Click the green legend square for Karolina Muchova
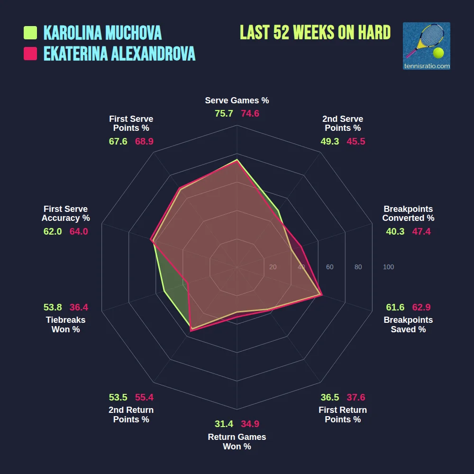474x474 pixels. pyautogui.click(x=30, y=33)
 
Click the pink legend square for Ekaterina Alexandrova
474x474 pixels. pyautogui.click(x=30, y=54)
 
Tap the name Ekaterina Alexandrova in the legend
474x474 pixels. pyautogui.click(x=119, y=54)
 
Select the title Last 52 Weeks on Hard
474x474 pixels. pyautogui.click(x=315, y=33)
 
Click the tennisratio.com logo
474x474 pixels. pyautogui.click(x=426, y=46)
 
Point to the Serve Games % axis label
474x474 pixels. pyautogui.click(x=237, y=100)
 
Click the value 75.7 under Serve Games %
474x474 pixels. pyautogui.click(x=224, y=114)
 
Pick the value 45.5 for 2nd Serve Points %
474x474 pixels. pyautogui.click(x=355, y=141)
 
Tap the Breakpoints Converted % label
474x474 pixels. pyautogui.click(x=408, y=213)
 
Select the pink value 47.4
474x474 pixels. pyautogui.click(x=421, y=231)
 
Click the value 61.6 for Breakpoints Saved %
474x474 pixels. pyautogui.click(x=395, y=307)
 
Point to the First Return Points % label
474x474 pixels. pyautogui.click(x=343, y=415)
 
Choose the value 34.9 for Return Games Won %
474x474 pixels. pyautogui.click(x=250, y=424)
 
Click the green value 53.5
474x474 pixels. pyautogui.click(x=118, y=397)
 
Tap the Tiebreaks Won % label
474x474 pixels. pyautogui.click(x=65, y=325)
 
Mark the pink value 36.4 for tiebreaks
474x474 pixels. pyautogui.click(x=79, y=307)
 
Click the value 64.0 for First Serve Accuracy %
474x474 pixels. pyautogui.click(x=79, y=231)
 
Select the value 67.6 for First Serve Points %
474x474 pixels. pyautogui.click(x=118, y=141)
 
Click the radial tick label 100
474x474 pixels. pyautogui.click(x=388, y=267)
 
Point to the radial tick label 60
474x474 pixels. pyautogui.click(x=329, y=267)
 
